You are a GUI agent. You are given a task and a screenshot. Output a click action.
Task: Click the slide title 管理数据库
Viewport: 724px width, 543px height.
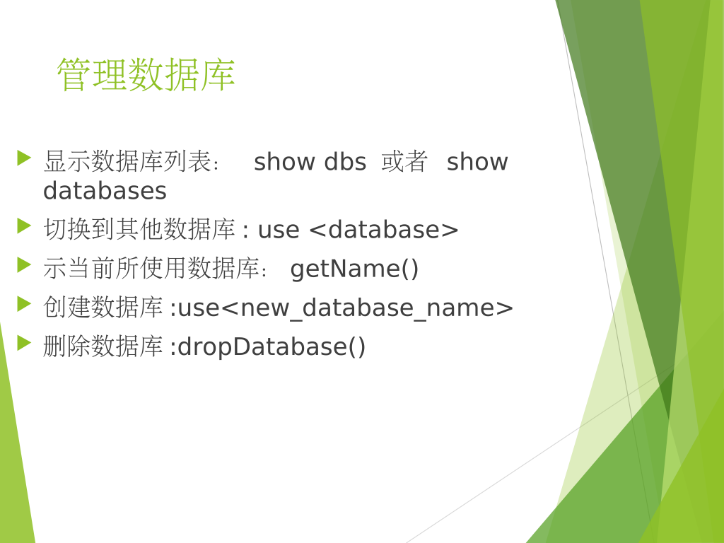146,74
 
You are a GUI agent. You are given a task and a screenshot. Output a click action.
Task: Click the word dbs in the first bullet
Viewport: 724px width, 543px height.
345,162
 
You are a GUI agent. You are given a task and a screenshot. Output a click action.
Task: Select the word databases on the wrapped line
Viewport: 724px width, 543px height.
105,191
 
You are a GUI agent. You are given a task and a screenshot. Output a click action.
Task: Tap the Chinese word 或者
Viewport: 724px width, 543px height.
404,162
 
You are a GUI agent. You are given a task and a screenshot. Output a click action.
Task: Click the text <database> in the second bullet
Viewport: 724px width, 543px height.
383,230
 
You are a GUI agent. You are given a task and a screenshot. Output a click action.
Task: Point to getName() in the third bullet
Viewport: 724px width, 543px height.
354,269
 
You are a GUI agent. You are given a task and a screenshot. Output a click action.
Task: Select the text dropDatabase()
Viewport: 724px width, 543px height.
271,346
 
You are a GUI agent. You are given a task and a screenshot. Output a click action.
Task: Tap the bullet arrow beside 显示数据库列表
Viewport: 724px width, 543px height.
24,158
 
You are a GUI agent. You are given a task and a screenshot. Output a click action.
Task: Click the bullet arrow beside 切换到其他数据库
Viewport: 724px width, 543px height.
24,226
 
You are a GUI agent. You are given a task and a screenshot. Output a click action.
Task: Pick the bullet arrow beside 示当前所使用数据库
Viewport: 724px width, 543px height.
24,265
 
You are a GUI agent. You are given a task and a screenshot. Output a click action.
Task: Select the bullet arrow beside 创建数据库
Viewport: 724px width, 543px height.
24,304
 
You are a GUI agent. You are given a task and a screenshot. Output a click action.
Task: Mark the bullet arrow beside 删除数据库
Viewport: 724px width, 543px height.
24,343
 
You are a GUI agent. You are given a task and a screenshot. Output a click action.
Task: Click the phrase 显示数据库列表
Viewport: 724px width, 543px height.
127,162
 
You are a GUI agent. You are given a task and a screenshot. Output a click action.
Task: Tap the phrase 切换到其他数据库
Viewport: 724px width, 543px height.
139,230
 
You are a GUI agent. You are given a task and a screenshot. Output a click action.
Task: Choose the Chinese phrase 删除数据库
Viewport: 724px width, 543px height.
103,346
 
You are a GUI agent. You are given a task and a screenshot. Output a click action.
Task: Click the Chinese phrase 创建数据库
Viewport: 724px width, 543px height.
103,308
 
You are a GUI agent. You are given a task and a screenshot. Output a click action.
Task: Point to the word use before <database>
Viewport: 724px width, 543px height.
279,230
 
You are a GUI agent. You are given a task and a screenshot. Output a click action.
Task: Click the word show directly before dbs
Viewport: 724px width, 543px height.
284,162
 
